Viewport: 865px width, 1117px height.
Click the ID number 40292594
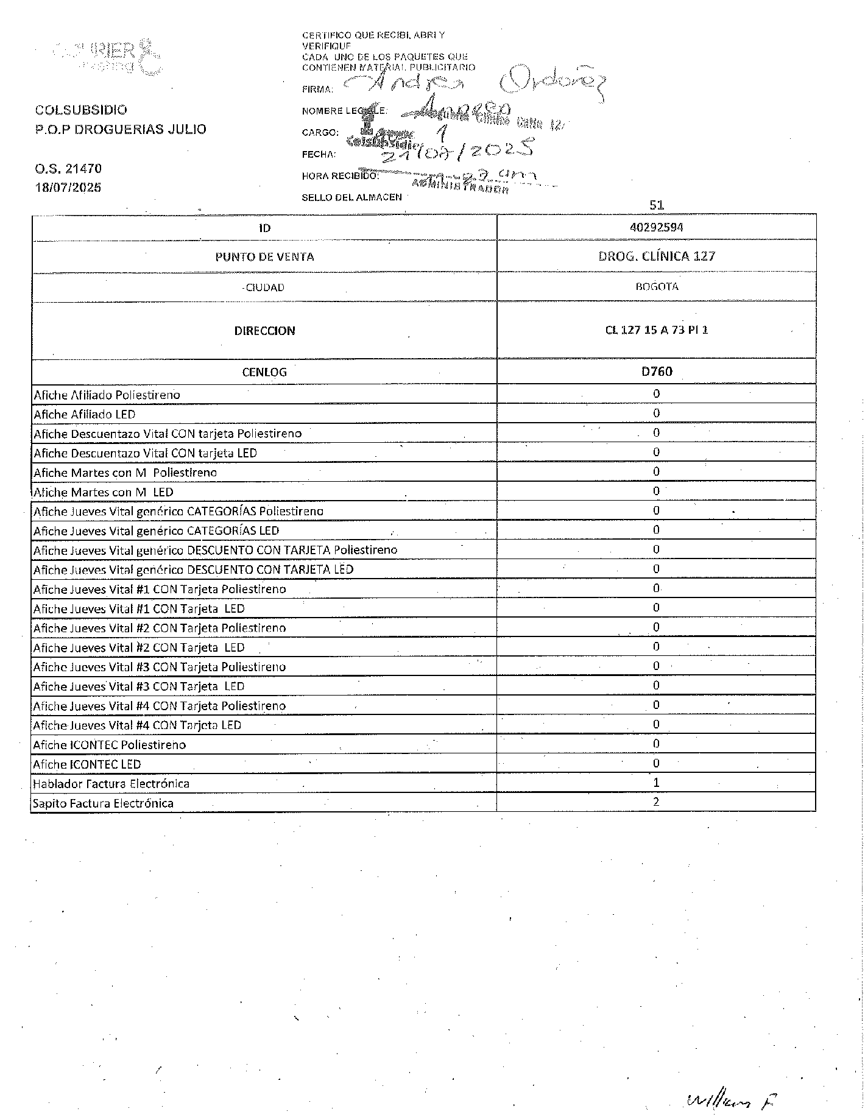click(656, 227)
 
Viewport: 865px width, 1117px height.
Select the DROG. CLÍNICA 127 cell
click(656, 256)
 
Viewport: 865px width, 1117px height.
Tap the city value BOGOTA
click(656, 286)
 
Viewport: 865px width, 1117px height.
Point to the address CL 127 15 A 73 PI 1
click(656, 330)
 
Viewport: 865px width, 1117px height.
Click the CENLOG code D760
click(656, 371)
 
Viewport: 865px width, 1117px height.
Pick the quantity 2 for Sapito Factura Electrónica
click(656, 802)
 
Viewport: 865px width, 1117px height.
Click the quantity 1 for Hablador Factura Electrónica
click(656, 783)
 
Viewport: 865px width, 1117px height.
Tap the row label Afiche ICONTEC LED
click(87, 764)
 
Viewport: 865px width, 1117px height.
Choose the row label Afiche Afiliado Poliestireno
click(107, 395)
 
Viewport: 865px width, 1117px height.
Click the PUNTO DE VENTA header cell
click(264, 256)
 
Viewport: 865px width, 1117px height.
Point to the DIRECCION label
click(264, 331)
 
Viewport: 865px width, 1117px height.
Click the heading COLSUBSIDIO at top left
click(81, 110)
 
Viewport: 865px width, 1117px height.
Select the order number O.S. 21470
click(68, 168)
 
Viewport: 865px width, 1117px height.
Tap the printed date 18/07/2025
click(68, 188)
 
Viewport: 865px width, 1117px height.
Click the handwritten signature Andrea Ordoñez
click(475, 85)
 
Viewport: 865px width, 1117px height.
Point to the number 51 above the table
click(656, 205)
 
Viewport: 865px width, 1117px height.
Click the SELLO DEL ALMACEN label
click(351, 197)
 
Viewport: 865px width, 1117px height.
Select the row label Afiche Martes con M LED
click(103, 492)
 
